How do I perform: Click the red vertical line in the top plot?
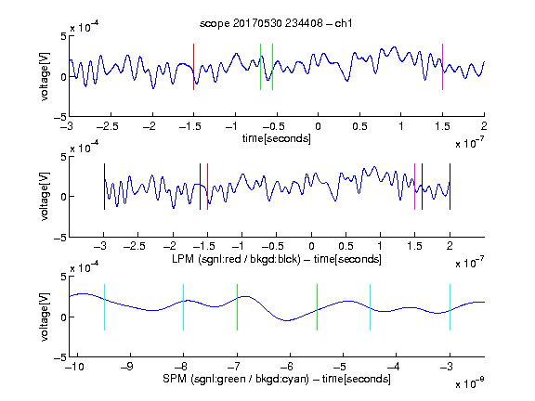point(194,67)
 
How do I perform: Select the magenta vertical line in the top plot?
point(442,67)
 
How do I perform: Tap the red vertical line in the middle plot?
point(207,187)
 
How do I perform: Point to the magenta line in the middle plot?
point(414,187)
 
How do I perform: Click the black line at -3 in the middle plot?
point(104,187)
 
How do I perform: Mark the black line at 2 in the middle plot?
point(450,187)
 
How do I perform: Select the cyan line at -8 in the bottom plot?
point(184,307)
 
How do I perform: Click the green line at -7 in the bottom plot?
point(237,307)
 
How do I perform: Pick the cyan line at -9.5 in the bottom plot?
point(104,307)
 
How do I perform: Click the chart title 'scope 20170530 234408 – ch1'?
point(276,23)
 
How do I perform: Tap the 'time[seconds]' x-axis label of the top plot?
point(277,138)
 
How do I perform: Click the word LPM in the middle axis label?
point(183,259)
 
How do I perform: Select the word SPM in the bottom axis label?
point(175,379)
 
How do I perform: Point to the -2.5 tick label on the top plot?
point(108,126)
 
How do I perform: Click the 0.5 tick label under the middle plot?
point(346,246)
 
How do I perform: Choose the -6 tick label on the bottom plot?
point(287,367)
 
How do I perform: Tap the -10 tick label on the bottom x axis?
point(74,367)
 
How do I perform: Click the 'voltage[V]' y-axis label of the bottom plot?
point(45,317)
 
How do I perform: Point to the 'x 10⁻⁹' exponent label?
point(470,383)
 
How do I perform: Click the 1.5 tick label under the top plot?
point(442,126)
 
